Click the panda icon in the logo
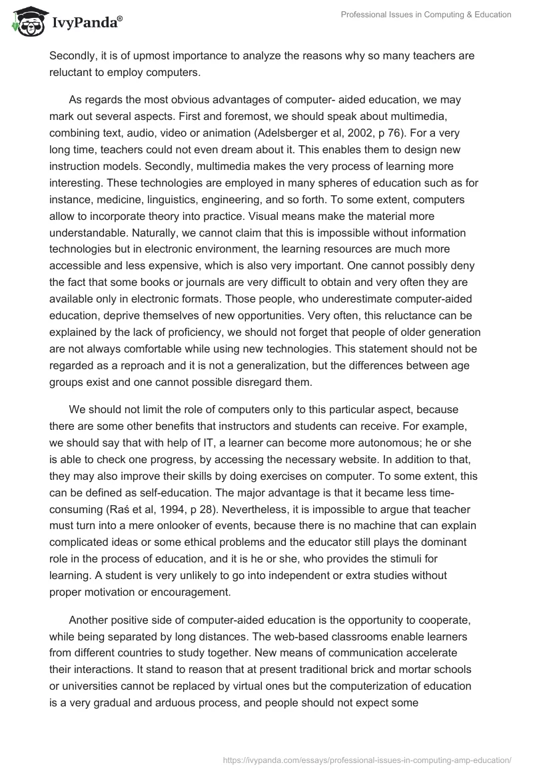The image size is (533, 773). [25, 22]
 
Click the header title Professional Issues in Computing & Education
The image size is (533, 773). [426, 15]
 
